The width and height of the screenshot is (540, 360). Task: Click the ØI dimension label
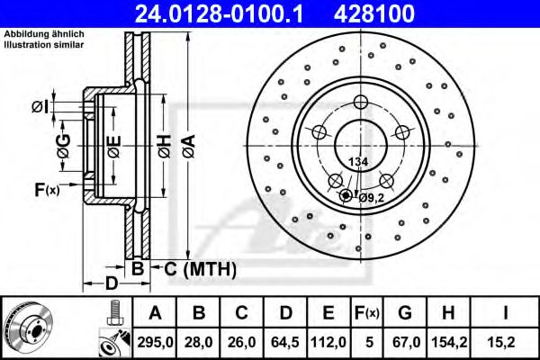(40, 107)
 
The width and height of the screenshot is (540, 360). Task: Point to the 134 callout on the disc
(358, 161)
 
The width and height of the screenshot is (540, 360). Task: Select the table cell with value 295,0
(155, 340)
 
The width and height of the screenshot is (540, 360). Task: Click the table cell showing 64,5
(285, 340)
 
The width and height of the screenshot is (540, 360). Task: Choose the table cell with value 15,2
(508, 340)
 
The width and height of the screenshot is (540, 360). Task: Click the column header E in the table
(328, 313)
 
